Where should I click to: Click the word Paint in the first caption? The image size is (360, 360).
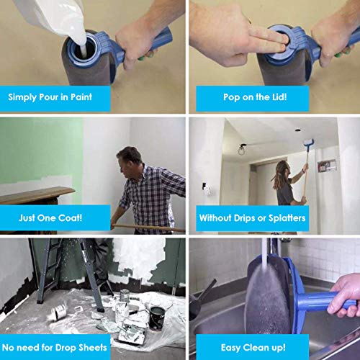click(81, 97)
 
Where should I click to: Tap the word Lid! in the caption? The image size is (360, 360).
click(279, 97)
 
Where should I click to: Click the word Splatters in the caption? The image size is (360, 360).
click(287, 218)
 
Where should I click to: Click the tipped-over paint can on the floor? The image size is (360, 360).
click(58, 311)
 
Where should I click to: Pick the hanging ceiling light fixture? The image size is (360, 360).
click(242, 150)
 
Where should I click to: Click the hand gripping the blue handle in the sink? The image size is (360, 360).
click(343, 294)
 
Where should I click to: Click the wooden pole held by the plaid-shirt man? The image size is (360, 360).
click(148, 228)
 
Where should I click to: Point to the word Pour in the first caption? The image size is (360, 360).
click(49, 97)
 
